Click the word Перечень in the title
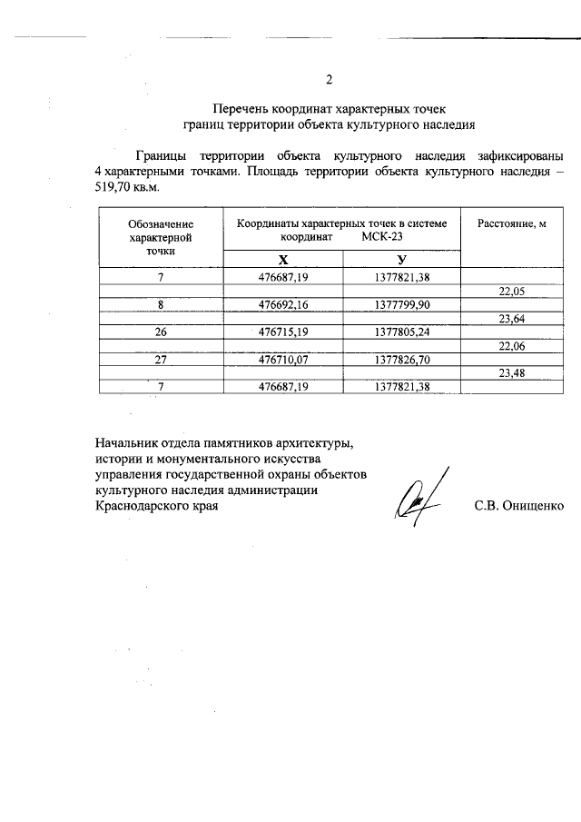pyautogui.click(x=244, y=109)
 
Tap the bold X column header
pyautogui.click(x=283, y=258)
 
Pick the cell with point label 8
pyautogui.click(x=160, y=304)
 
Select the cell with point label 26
pyautogui.click(x=160, y=332)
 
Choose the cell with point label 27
pyautogui.click(x=160, y=360)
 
